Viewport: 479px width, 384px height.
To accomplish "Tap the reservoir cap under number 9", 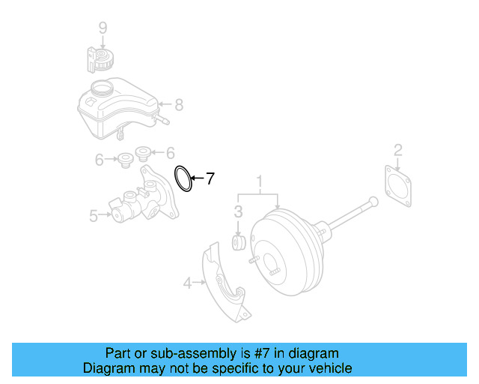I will coord(97,59).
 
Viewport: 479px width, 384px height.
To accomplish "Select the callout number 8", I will coord(178,105).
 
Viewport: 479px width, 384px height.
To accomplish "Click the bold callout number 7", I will coord(210,178).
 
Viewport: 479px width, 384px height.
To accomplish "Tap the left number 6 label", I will coord(99,159).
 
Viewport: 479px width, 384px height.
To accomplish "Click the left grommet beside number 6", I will coord(125,159).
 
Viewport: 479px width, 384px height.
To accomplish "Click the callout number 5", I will coord(94,216).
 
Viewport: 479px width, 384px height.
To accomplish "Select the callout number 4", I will coord(187,283).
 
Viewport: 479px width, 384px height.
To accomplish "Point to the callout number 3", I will coord(238,211).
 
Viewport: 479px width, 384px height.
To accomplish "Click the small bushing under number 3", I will coord(239,244).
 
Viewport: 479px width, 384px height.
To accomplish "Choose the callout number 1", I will coord(260,181).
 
